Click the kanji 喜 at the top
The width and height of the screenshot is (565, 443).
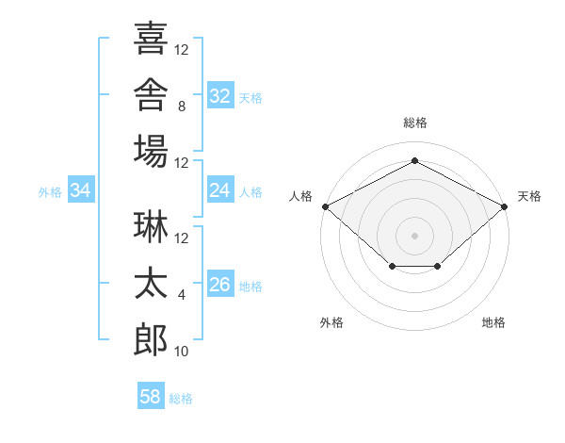151,38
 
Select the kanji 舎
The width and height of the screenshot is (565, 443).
151,94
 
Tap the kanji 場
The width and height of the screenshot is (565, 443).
151,151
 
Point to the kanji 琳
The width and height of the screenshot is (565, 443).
151,226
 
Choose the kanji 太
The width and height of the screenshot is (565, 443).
151,283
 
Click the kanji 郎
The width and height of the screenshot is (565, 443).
151,340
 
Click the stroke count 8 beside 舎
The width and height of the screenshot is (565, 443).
182,107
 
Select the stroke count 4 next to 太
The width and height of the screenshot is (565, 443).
182,295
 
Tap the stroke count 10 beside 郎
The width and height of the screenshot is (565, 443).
181,352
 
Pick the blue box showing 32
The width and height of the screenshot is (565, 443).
220,95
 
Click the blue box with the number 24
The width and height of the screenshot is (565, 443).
220,189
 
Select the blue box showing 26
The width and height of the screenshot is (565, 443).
220,283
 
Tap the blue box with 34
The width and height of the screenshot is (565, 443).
81,189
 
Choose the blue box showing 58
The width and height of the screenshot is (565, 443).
151,395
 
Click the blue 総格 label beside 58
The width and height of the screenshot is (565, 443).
181,399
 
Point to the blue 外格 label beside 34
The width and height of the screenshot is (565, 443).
50,192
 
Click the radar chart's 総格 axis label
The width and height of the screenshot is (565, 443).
415,123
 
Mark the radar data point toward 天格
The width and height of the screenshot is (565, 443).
505,206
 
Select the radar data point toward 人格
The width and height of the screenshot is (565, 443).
326,206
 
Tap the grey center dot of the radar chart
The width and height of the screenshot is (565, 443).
414,236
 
